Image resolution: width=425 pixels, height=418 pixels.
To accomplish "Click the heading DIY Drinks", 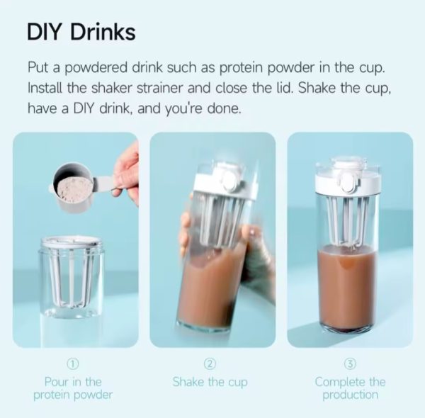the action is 81,33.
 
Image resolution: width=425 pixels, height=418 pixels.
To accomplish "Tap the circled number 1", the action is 73,363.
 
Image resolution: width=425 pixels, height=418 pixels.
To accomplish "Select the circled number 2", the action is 210,363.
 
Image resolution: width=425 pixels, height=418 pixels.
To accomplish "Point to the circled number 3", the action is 350,363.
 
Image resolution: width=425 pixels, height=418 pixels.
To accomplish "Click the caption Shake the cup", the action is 210,382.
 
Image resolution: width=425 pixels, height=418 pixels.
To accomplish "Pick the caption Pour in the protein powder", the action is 73,388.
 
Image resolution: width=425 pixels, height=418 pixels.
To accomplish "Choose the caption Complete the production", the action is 350,388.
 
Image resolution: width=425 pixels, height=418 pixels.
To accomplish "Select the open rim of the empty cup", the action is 72,241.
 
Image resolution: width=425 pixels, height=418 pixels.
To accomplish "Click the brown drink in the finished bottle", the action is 348,288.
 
